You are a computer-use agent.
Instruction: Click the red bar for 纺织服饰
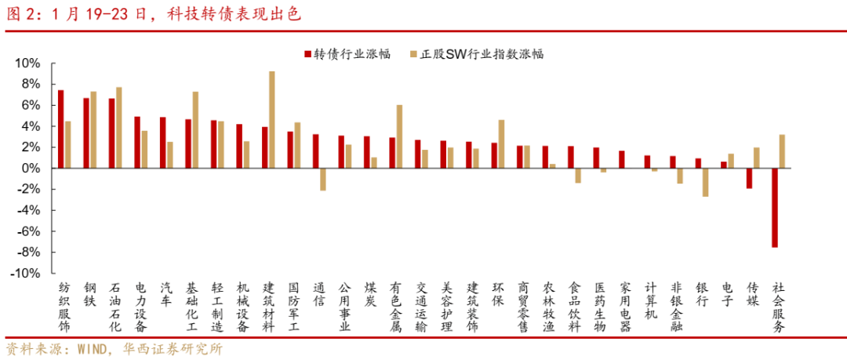pos(60,129)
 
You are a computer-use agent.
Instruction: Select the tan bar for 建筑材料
pos(271,119)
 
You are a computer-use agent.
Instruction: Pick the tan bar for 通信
pos(322,179)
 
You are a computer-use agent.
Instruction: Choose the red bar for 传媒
pos(749,178)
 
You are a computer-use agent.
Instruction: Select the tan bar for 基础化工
pos(195,129)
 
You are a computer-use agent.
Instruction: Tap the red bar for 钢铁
pos(86,133)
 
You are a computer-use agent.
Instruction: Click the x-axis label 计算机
pos(650,300)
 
